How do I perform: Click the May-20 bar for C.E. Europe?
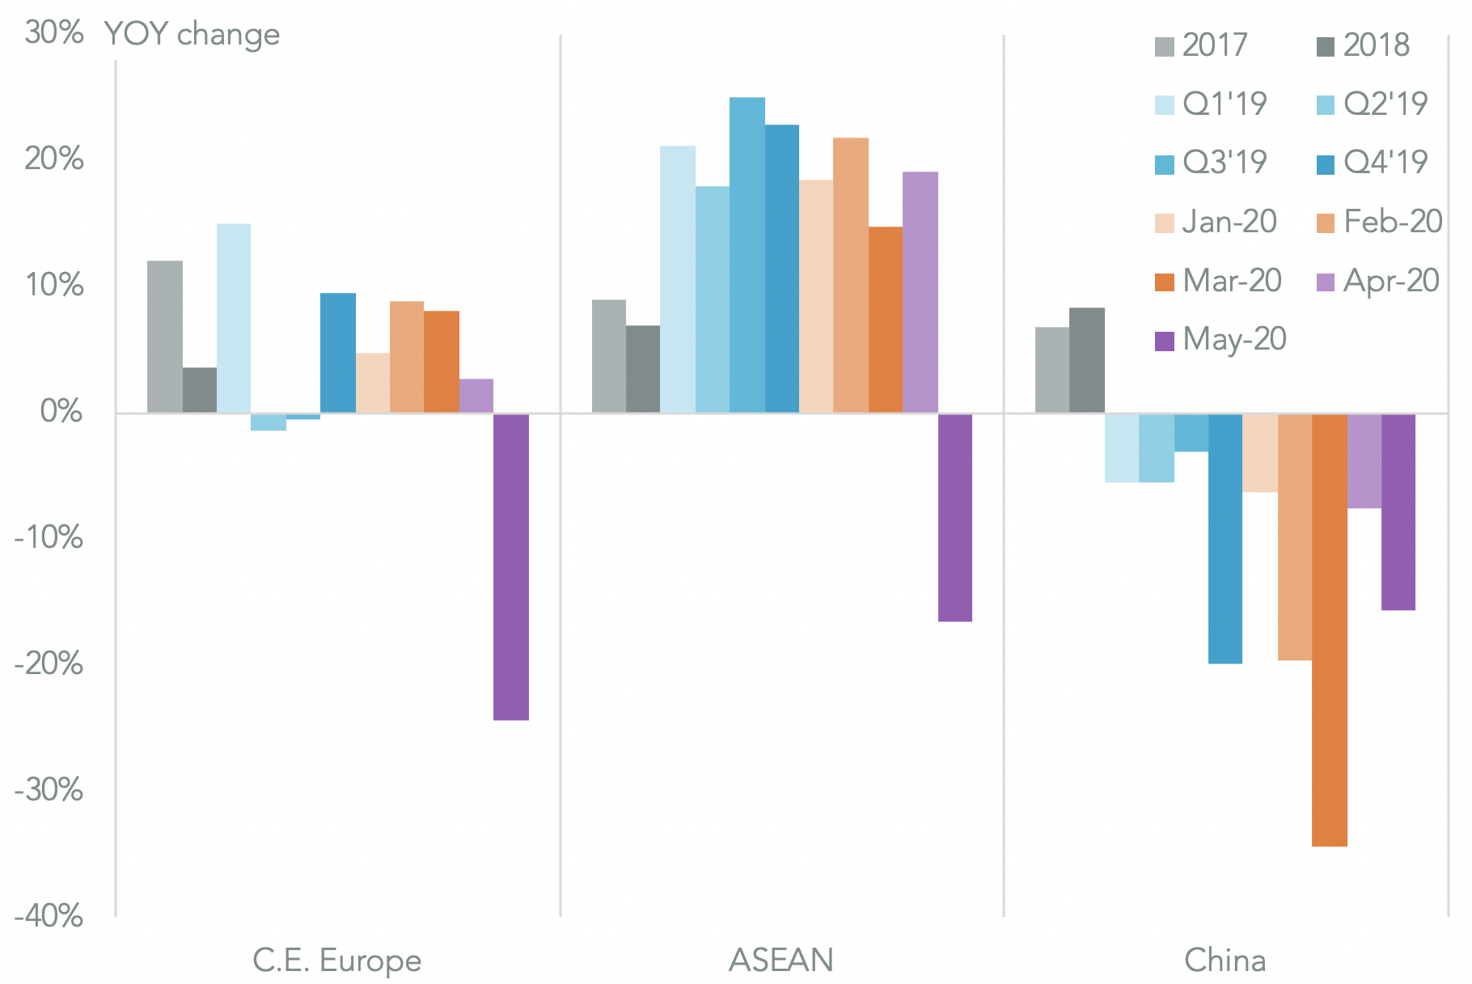(510, 566)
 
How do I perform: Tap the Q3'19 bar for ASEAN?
(747, 255)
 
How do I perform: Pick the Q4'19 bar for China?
(1225, 538)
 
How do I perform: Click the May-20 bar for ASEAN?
(954, 517)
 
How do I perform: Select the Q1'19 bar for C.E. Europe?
(233, 318)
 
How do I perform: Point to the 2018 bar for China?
(1086, 360)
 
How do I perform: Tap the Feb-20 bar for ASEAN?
(850, 275)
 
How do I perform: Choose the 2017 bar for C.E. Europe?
(164, 337)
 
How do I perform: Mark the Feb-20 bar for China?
(1294, 537)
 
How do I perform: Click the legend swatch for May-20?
(1164, 341)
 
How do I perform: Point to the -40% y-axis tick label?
(49, 916)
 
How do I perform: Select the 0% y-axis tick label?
(61, 412)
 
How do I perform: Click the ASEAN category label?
(780, 961)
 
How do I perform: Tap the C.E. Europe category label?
(336, 961)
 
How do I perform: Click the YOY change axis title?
(192, 35)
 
